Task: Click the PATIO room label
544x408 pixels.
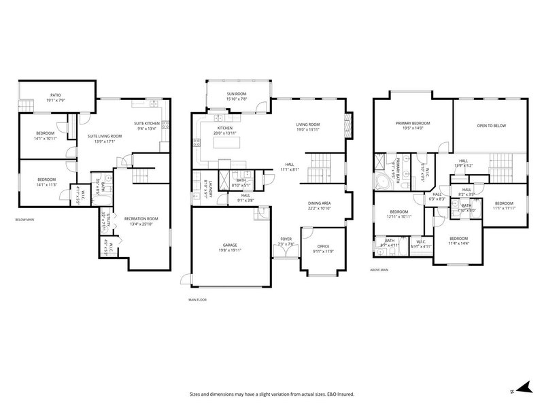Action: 55,95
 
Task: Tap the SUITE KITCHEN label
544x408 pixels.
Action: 147,123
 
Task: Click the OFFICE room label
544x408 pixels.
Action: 323,247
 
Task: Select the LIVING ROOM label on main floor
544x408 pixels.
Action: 307,124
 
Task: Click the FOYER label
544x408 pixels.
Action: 286,239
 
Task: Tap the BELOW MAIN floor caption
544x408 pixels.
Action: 25,220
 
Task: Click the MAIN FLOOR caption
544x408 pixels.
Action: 199,299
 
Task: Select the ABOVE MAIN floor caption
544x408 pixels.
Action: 379,271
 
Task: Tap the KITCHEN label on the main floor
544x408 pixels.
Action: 225,128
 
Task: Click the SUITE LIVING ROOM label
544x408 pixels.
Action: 105,136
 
